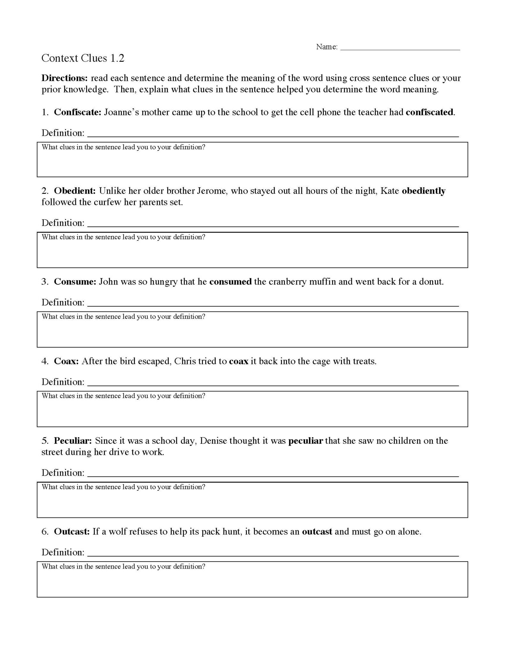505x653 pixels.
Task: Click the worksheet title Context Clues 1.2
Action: click(x=83, y=58)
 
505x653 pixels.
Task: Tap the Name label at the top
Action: click(x=327, y=47)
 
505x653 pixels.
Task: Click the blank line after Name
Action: click(x=400, y=48)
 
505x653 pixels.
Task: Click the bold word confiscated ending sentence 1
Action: click(x=429, y=112)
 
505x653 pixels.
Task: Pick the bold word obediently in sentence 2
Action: click(x=423, y=191)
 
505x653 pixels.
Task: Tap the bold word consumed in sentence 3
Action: click(x=230, y=282)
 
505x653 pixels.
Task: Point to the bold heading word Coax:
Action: click(x=66, y=361)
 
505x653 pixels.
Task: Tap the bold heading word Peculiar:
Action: click(x=73, y=441)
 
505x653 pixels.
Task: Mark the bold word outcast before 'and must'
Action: click(x=317, y=532)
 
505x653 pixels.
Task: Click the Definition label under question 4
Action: click(x=63, y=382)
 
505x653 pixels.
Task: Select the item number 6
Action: click(x=44, y=532)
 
